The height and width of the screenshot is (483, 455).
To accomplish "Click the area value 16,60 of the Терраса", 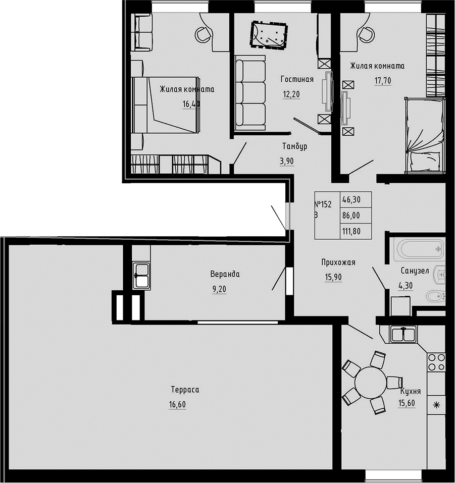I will (178, 404).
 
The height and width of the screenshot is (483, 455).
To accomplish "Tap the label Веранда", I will (225, 275).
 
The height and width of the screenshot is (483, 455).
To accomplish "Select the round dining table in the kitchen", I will (371, 383).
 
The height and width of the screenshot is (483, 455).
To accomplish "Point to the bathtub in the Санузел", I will (419, 249).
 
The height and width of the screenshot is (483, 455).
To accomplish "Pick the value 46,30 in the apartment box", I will (352, 199).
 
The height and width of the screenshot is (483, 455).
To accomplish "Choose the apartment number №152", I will (323, 204).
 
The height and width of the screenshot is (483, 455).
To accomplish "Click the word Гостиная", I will (297, 79).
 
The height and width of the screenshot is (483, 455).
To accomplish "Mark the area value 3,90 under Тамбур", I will (286, 161).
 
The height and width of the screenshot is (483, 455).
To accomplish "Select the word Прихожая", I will (338, 262).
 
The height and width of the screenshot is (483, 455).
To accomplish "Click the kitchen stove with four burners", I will (436, 362).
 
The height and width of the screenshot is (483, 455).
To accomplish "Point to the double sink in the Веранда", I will (141, 276).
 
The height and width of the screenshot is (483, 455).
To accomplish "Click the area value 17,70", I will (383, 80).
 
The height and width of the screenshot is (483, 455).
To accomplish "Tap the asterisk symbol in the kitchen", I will (437, 404).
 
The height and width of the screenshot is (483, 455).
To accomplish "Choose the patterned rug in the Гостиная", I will (269, 36).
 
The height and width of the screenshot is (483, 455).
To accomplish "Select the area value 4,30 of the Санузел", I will (406, 285).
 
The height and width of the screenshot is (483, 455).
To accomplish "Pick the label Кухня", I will (411, 392).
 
